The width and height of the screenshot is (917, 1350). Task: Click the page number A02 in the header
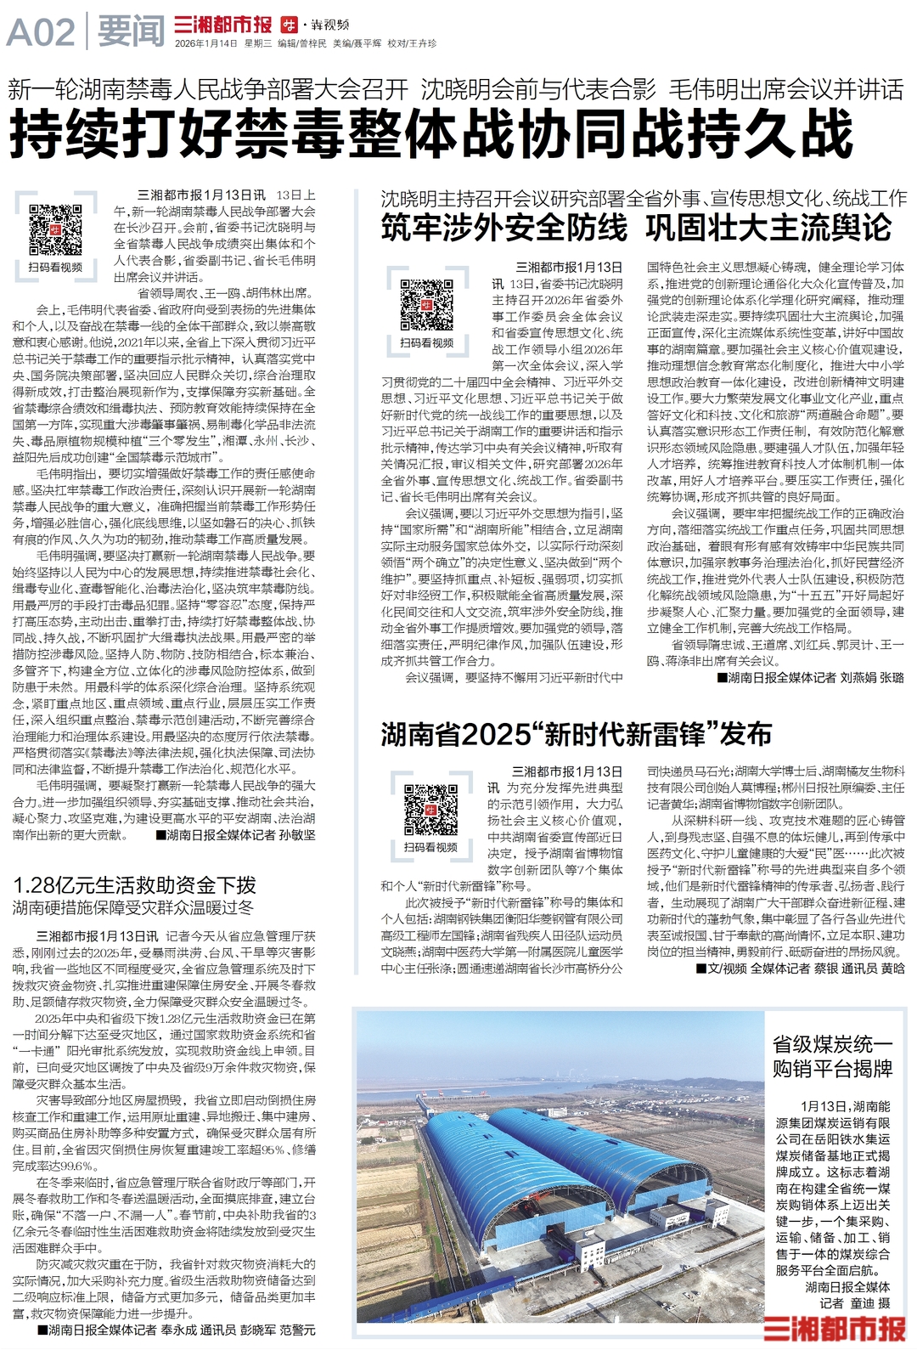pos(41,33)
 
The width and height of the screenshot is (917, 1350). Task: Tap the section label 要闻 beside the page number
pos(131,33)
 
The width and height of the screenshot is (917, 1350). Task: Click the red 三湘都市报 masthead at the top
pos(222,25)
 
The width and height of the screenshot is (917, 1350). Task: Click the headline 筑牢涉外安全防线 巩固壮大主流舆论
pos(636,228)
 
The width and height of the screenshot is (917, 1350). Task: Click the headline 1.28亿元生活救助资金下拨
pos(134,884)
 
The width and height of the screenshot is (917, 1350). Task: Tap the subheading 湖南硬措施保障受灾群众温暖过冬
pos(133,907)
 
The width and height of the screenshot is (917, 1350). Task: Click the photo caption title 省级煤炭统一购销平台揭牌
pos(832,1056)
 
